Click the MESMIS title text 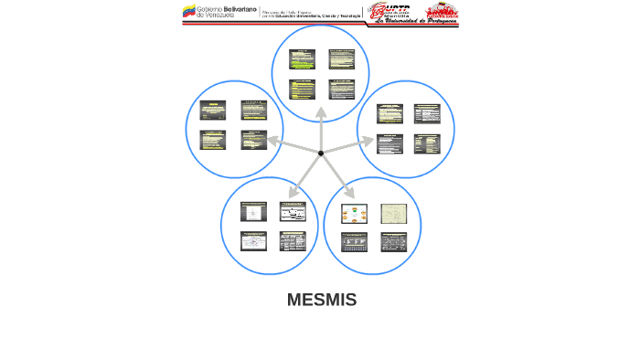(x=321, y=300)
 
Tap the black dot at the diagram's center (x=321, y=153)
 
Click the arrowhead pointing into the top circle (x=321, y=112)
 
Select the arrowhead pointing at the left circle (x=272, y=140)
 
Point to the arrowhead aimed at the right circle (x=368, y=141)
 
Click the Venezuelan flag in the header (x=189, y=12)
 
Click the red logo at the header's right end (x=441, y=10)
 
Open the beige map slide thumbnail (x=393, y=214)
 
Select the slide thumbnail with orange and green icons (x=354, y=214)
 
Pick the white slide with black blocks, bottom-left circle (x=292, y=211)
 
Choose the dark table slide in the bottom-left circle (x=292, y=242)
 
